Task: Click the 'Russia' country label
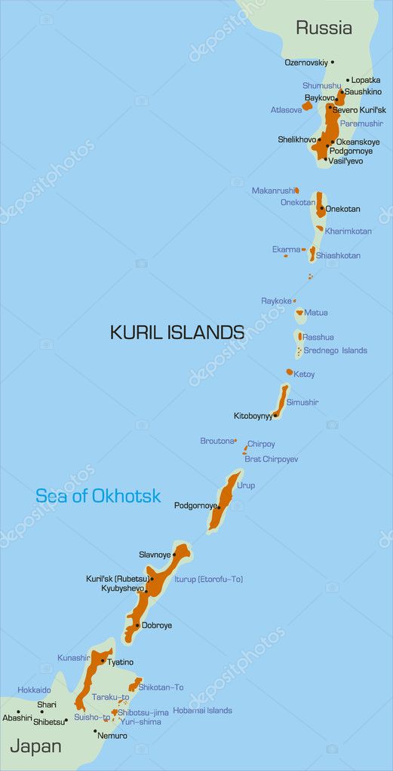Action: (324, 29)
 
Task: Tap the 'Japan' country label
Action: (35, 746)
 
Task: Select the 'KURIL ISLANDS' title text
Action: (177, 332)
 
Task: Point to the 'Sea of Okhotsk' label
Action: (98, 496)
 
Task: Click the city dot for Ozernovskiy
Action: (333, 62)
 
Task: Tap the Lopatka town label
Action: (366, 80)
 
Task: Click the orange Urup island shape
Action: (226, 499)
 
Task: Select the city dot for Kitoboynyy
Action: (275, 415)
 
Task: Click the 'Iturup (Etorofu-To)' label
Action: (208, 579)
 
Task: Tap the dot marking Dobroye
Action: (137, 626)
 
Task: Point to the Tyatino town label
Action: (121, 662)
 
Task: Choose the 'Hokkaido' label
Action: (34, 690)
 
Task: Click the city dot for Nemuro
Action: (95, 731)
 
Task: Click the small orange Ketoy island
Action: (289, 372)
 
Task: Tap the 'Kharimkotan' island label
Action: (348, 231)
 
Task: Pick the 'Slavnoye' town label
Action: (155, 555)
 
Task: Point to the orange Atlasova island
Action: (307, 106)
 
